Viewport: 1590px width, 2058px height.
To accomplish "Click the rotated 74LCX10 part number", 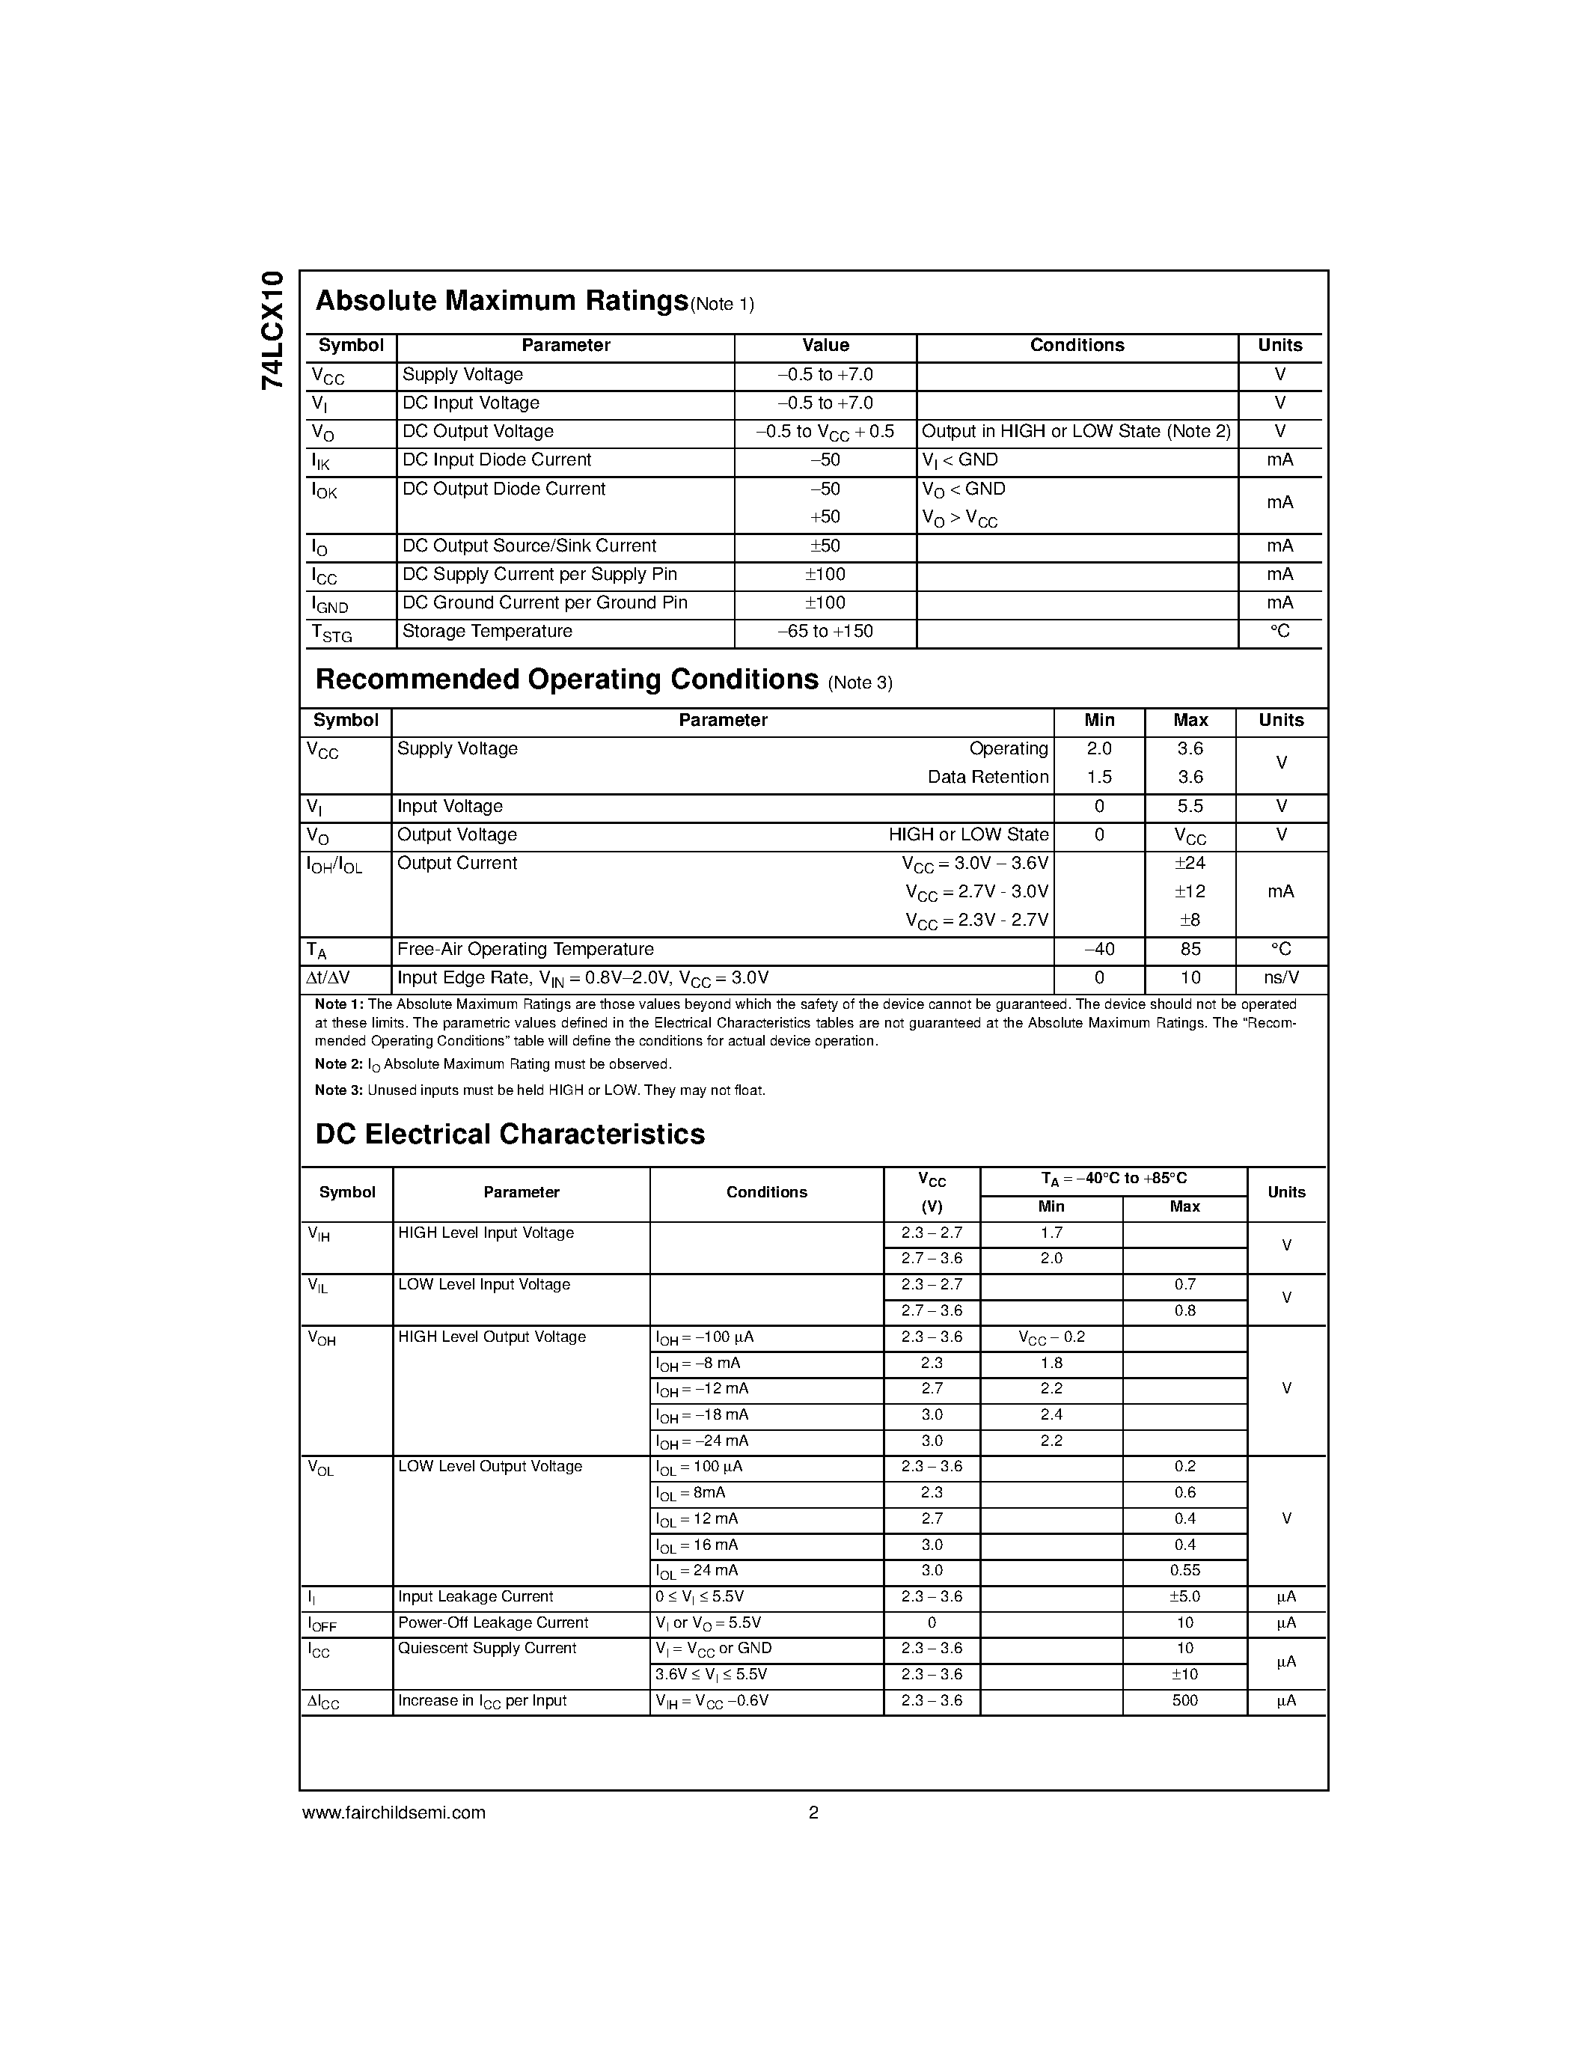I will point(272,330).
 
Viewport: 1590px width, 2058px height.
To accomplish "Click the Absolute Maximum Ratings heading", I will point(501,301).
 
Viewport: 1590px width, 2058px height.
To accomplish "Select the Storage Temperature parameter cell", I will point(487,632).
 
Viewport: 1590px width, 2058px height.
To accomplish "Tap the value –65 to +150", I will point(825,632).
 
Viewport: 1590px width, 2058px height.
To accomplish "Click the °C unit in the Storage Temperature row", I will point(1279,632).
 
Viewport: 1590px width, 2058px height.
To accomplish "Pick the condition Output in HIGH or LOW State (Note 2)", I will point(1076,432).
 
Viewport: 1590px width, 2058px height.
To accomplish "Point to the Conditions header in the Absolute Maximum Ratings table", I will point(1077,346).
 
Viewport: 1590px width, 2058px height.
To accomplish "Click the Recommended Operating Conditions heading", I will point(566,680).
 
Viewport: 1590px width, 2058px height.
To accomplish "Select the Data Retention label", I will point(987,778).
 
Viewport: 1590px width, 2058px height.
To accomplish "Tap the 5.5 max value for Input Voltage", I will point(1190,807).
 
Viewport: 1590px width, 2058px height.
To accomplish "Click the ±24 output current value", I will point(1190,863).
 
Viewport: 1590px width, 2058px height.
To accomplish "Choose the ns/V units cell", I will point(1280,978).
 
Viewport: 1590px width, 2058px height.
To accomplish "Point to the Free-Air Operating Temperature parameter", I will point(525,949).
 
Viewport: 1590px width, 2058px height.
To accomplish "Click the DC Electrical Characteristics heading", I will point(510,1134).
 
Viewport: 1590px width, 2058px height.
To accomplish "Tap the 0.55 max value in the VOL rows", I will point(1184,1570).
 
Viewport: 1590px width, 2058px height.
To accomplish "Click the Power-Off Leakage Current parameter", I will point(492,1622).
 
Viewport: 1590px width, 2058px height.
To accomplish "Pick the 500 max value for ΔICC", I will point(1184,1701).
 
